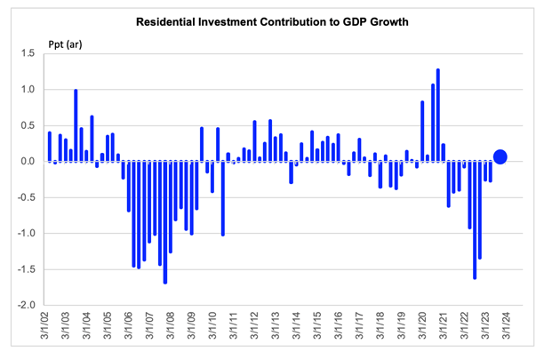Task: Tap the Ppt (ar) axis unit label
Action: [65, 44]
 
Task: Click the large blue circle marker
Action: [500, 156]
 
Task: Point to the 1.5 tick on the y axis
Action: [28, 53]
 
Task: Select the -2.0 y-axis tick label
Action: [27, 305]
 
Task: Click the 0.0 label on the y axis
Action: [28, 161]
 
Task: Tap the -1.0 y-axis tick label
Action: [27, 233]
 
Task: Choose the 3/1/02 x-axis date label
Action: [45, 324]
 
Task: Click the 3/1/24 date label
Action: [507, 324]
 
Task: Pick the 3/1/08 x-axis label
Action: [171, 324]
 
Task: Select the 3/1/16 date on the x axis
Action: [339, 324]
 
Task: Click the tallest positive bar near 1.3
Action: [438, 115]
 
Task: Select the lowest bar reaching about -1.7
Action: [165, 222]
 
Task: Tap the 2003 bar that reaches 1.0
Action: [76, 125]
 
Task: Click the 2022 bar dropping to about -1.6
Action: [475, 220]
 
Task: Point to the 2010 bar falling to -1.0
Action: [223, 199]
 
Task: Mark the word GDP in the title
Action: [354, 22]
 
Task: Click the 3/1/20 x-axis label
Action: [423, 324]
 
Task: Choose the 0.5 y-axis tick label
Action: [28, 125]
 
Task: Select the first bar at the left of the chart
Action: [50, 147]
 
